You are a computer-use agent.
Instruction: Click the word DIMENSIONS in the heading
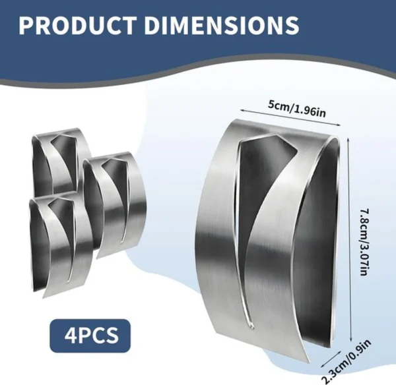[x=221, y=26]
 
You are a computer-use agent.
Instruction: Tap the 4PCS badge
[x=90, y=336]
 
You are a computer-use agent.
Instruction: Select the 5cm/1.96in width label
[x=297, y=109]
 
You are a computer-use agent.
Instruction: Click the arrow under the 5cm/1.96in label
[x=290, y=117]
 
